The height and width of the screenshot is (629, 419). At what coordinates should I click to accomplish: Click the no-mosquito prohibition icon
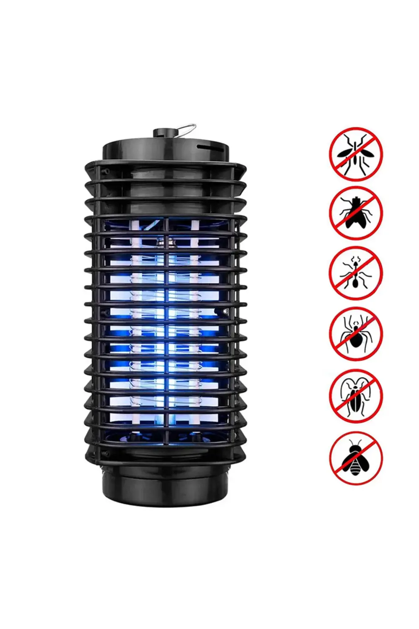pyautogui.click(x=356, y=154)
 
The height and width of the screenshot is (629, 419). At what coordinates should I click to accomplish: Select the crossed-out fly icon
pyautogui.click(x=356, y=213)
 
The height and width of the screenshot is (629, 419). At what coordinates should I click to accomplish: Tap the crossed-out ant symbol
pyautogui.click(x=356, y=273)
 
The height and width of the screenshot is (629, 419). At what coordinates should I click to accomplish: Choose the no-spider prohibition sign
pyautogui.click(x=356, y=334)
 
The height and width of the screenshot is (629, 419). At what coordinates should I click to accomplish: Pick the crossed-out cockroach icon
pyautogui.click(x=356, y=396)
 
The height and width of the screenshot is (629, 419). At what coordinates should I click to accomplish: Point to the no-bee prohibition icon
pyautogui.click(x=356, y=458)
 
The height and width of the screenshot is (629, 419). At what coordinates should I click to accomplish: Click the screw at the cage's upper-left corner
pyautogui.click(x=106, y=171)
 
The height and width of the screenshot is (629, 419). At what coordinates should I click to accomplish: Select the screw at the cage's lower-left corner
pyautogui.click(x=106, y=454)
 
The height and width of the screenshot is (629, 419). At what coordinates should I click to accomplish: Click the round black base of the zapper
pyautogui.click(x=166, y=486)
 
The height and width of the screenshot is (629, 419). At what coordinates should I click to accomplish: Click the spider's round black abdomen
pyautogui.click(x=355, y=340)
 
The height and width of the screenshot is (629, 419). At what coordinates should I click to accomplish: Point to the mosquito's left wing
pyautogui.click(x=345, y=153)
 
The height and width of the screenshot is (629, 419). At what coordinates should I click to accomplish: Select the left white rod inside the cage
pyautogui.click(x=136, y=319)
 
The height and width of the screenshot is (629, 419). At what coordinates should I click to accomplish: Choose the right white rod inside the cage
pyautogui.click(x=194, y=319)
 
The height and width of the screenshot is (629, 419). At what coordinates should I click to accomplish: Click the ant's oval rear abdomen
pyautogui.click(x=355, y=283)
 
